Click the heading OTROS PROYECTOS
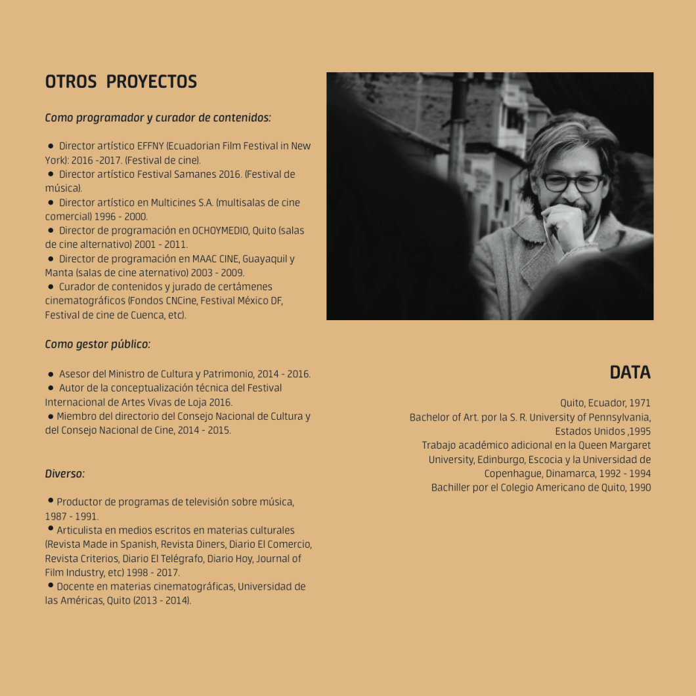tap(121, 82)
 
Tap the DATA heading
tap(630, 373)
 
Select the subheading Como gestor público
tap(97, 344)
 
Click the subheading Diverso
tap(64, 474)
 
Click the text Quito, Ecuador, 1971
tap(605, 403)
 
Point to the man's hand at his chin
tap(563, 226)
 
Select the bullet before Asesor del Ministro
tap(51, 374)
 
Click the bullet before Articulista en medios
tap(50, 529)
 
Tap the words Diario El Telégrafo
tap(163, 559)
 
